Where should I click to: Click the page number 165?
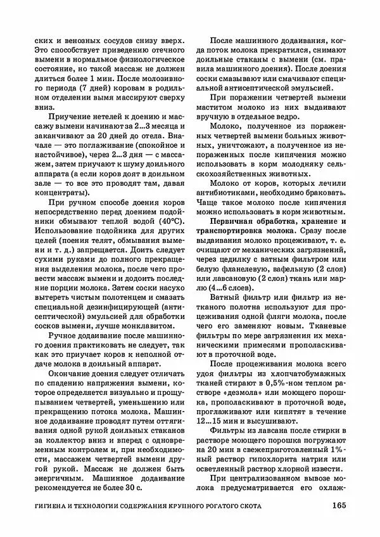[336, 505]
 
